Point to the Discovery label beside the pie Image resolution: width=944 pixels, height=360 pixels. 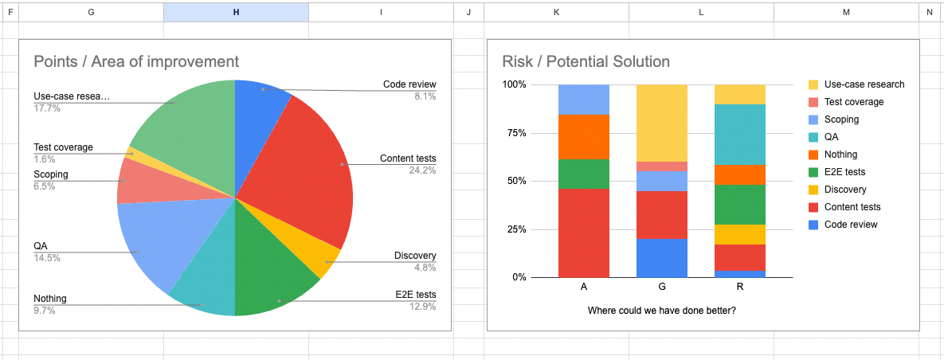[x=415, y=256]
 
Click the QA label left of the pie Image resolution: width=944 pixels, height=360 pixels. [x=40, y=246]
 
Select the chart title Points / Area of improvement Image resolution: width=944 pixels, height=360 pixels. [x=136, y=61]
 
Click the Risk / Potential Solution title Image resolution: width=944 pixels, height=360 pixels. [x=586, y=61]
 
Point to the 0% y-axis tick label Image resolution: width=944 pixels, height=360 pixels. [x=519, y=277]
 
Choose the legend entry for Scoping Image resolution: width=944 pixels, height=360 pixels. [x=841, y=119]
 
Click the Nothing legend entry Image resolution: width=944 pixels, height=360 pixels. [x=840, y=155]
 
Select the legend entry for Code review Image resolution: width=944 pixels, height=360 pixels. [x=850, y=225]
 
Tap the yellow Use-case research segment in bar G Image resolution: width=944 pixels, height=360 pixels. [x=662, y=123]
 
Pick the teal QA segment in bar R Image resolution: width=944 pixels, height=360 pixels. [x=740, y=135]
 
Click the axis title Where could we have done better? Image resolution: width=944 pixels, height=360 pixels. [x=661, y=310]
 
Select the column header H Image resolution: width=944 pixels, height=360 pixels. [x=236, y=12]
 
